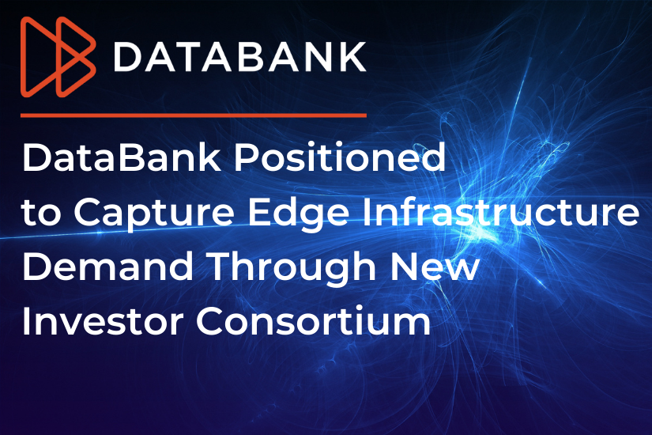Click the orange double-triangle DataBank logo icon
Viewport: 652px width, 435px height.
tap(58, 57)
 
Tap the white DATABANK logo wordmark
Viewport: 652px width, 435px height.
tap(240, 57)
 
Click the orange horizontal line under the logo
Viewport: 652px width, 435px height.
tap(194, 115)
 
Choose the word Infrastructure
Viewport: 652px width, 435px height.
tap(500, 211)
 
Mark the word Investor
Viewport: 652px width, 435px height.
tap(103, 321)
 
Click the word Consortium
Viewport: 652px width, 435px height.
tap(314, 320)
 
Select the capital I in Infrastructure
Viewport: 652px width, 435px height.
tap(367, 212)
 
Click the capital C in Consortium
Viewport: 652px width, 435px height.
tap(210, 320)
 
